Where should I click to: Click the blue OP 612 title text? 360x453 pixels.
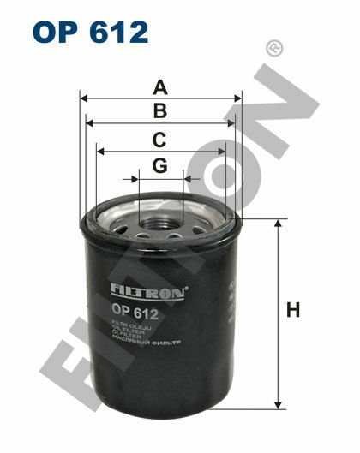[91, 33]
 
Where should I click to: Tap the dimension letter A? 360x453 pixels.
[160, 86]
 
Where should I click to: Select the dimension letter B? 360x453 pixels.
[160, 110]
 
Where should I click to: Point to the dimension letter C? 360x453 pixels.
[160, 139]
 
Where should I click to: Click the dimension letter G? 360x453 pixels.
[160, 166]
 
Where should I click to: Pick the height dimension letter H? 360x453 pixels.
[294, 311]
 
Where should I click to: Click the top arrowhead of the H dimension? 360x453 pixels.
[277, 224]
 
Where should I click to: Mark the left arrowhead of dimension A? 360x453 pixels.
[84, 98]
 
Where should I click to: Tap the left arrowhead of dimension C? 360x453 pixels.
[100, 152]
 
